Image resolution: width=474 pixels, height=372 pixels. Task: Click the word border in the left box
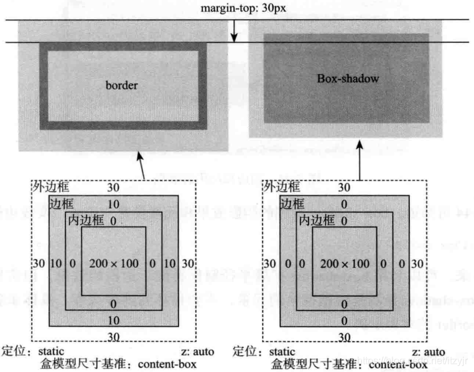point(121,85)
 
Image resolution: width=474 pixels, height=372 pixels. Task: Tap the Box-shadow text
point(348,79)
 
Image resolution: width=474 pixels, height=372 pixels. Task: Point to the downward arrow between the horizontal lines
point(233,31)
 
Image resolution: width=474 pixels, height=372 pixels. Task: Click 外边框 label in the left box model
point(51,187)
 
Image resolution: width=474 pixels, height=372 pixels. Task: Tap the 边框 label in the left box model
point(60,203)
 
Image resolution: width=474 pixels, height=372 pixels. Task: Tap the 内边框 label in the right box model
point(317,220)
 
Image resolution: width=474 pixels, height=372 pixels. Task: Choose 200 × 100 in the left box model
point(113,264)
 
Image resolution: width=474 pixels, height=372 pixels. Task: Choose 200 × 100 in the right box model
point(345,264)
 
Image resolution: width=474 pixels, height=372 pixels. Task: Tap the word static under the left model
point(51,351)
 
